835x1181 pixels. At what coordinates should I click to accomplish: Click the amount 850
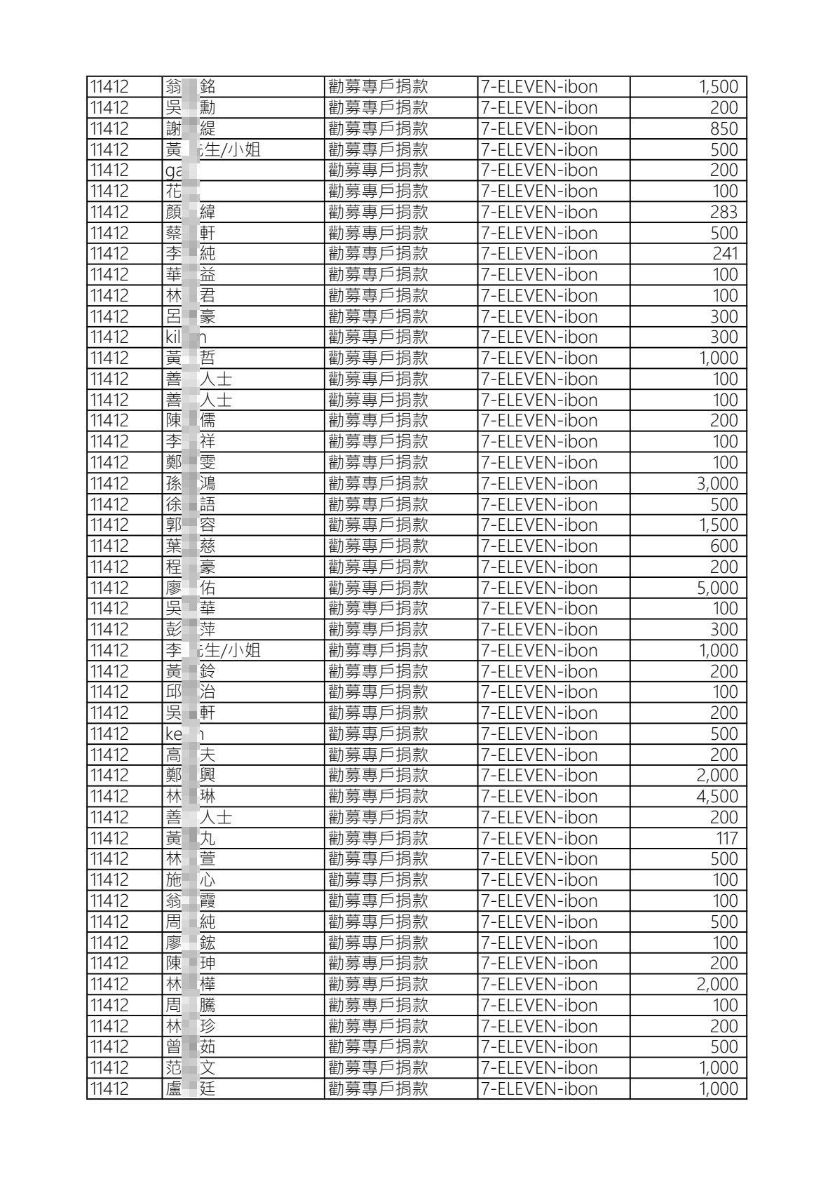pyautogui.click(x=724, y=129)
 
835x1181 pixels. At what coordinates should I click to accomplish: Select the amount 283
pyautogui.click(x=724, y=212)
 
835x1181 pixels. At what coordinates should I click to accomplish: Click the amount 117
pyautogui.click(x=727, y=839)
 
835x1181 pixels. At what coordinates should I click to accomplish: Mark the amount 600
pyautogui.click(x=724, y=546)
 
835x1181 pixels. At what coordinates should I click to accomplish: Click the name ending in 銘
pyautogui.click(x=191, y=87)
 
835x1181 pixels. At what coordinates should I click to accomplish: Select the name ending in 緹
pyautogui.click(x=191, y=129)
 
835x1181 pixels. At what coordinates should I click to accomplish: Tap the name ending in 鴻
pyautogui.click(x=191, y=484)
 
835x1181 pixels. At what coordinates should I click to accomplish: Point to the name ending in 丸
pyautogui.click(x=191, y=839)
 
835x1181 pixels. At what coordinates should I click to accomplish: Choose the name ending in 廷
pyautogui.click(x=191, y=1089)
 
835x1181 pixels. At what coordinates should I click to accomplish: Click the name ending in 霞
pyautogui.click(x=191, y=901)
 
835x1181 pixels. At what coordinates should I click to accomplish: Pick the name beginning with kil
pyautogui.click(x=186, y=337)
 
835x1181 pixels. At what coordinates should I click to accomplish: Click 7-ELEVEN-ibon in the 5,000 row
pyautogui.click(x=539, y=588)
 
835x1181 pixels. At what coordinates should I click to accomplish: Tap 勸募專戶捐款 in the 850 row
pyautogui.click(x=378, y=129)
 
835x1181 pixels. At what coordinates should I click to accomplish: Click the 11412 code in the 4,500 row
pyautogui.click(x=110, y=797)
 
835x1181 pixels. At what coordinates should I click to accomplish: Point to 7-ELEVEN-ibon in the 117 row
pyautogui.click(x=539, y=839)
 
